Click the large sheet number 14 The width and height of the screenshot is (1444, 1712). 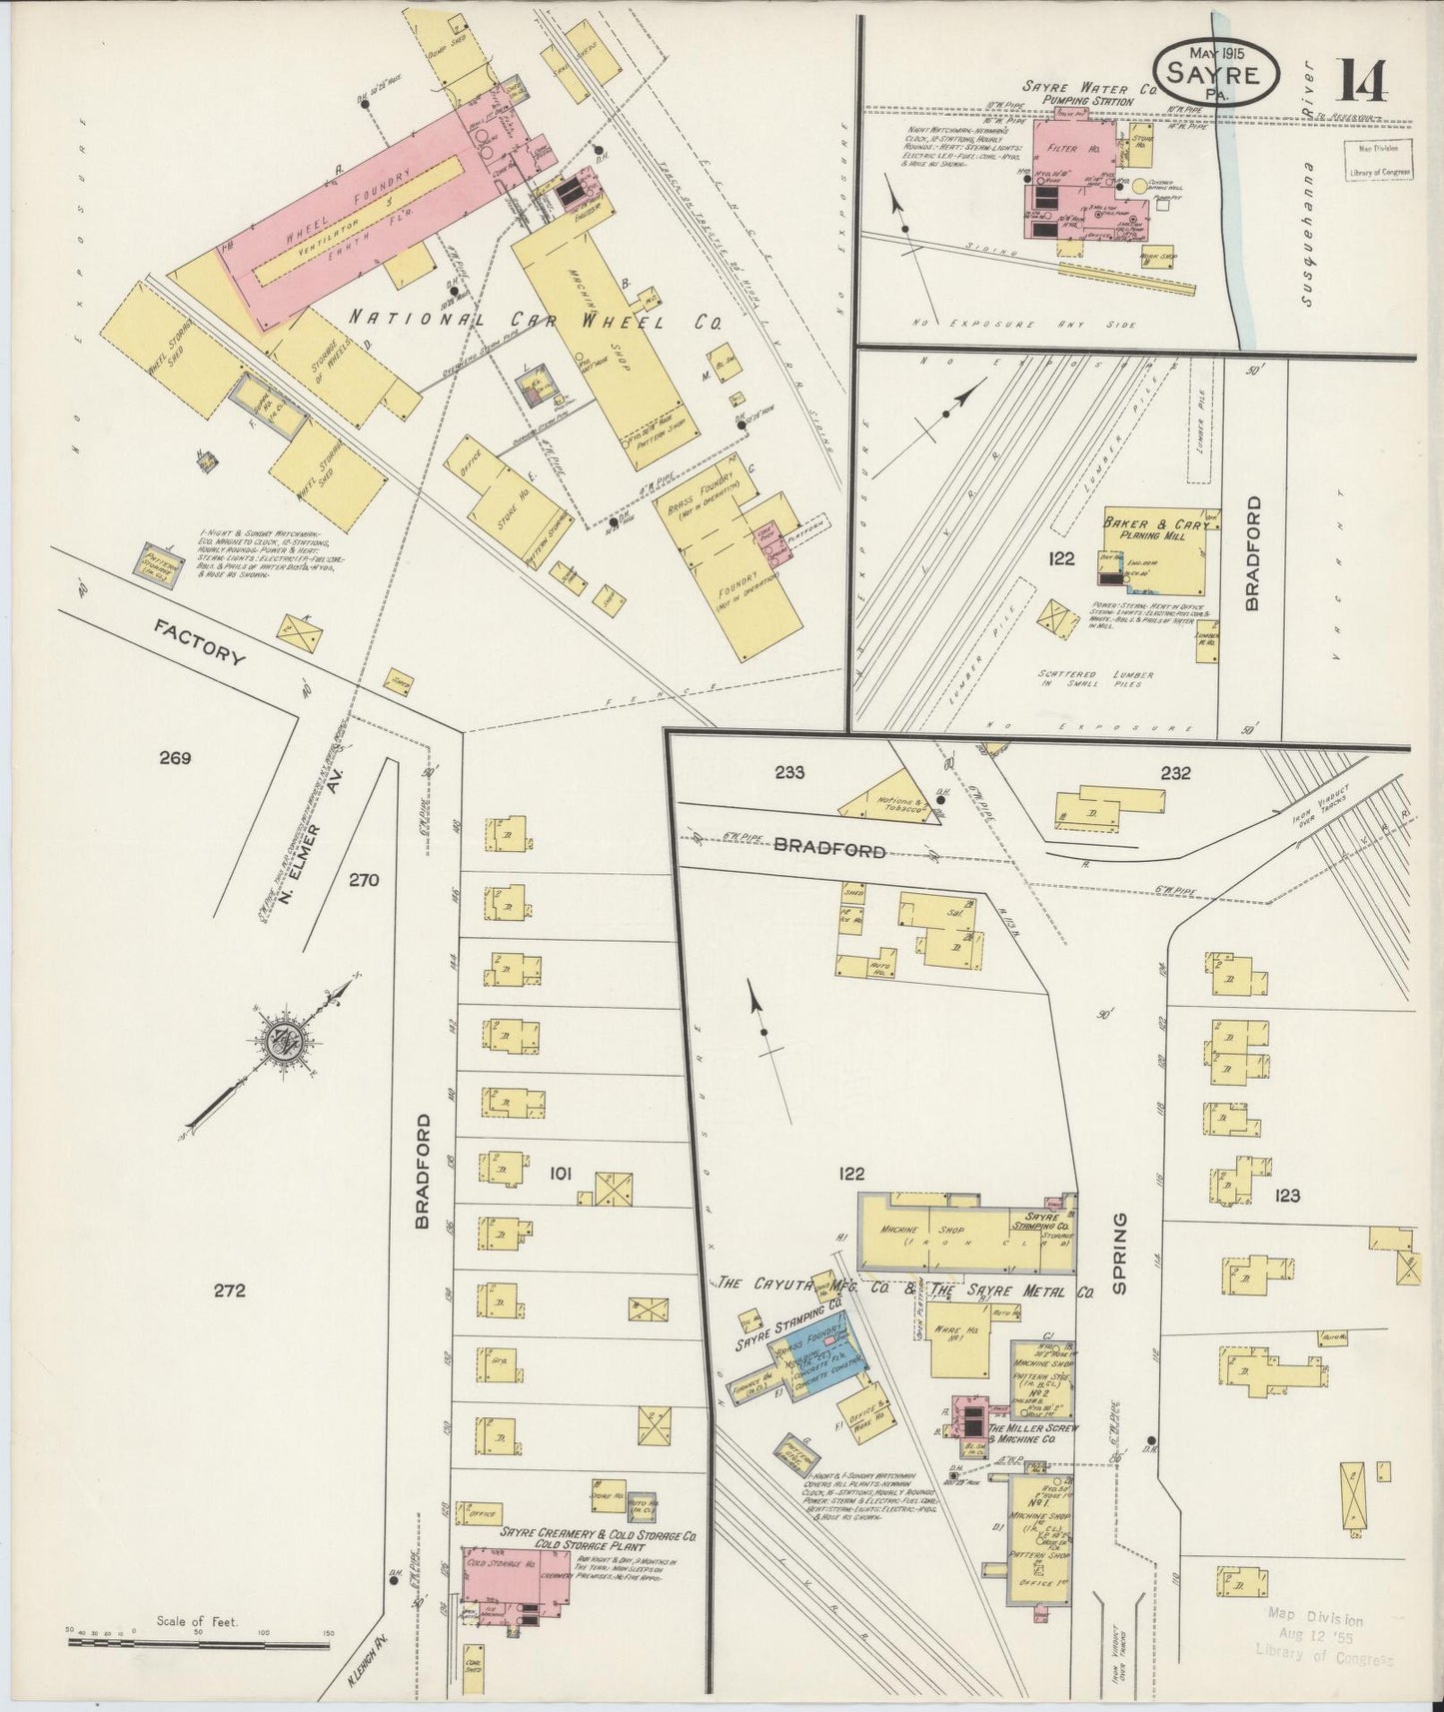(x=1362, y=80)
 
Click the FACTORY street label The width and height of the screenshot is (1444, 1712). (x=200, y=644)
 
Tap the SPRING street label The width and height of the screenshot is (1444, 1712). (x=1118, y=1254)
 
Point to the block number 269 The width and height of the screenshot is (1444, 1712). (x=174, y=758)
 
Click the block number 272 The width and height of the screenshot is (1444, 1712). (x=229, y=1290)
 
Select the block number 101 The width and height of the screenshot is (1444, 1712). (x=559, y=1174)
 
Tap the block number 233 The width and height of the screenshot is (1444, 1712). (x=788, y=771)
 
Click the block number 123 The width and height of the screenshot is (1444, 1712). (x=1287, y=1195)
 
